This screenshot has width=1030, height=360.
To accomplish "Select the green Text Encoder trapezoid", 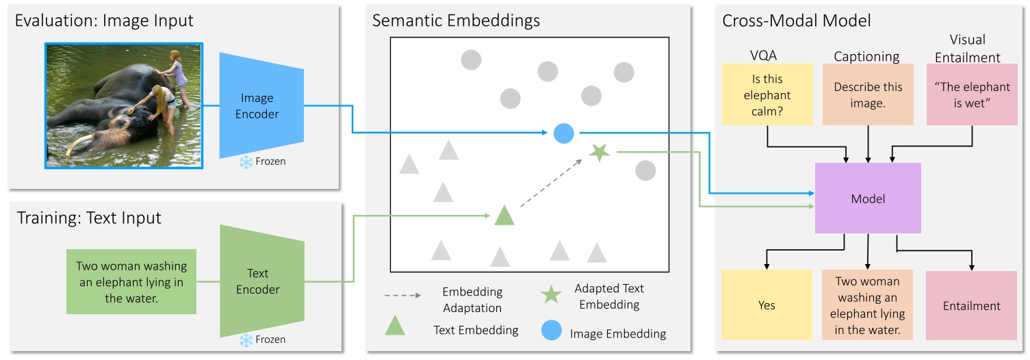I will click(x=257, y=281).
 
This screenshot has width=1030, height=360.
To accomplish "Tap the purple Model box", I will click(x=868, y=199).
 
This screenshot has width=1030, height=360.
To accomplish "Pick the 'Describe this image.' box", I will click(x=868, y=94).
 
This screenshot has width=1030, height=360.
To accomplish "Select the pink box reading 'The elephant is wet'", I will click(x=972, y=94).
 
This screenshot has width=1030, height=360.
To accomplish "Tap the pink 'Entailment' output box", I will click(x=972, y=305).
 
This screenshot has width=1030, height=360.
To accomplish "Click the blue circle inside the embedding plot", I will click(x=563, y=133).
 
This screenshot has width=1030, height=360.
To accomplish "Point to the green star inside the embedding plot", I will click(x=600, y=153).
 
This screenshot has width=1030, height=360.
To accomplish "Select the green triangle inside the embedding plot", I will click(x=504, y=216).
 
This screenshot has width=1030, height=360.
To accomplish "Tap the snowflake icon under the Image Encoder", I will click(x=245, y=162).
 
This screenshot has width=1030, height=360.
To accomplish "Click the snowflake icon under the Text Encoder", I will click(x=245, y=340).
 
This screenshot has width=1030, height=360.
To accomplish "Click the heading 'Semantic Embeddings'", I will click(x=456, y=21).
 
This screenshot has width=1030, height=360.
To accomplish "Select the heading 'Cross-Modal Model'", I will click(x=797, y=21).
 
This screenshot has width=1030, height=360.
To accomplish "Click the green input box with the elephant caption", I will click(x=131, y=282).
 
